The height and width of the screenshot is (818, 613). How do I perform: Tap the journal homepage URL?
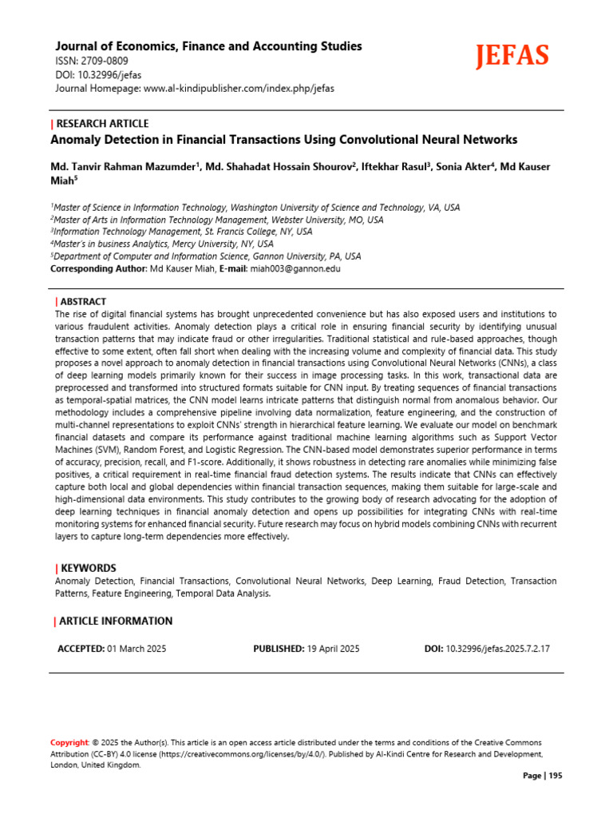[239, 88]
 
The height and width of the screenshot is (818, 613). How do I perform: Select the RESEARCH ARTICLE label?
[102, 123]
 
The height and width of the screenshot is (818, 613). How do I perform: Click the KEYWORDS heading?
[88, 567]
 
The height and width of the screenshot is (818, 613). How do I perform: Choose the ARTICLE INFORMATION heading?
[115, 621]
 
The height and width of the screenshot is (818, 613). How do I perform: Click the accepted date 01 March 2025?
[136, 649]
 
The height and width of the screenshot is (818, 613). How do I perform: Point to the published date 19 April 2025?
[334, 649]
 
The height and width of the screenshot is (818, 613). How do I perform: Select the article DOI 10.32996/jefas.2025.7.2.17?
[497, 649]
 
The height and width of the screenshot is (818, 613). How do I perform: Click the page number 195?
[555, 776]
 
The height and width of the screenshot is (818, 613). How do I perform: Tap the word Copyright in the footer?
[69, 742]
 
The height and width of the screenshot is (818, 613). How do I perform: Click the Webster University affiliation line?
[217, 219]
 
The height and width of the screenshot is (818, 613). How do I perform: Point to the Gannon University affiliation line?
[206, 256]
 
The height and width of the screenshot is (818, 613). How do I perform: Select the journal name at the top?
[208, 46]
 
